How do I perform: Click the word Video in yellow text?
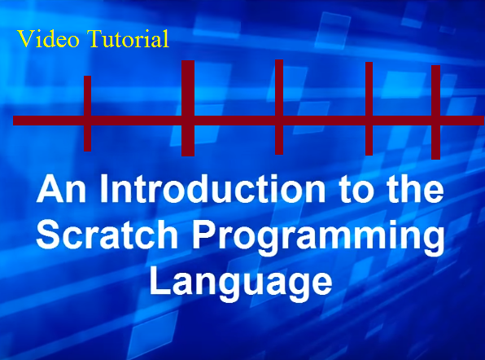(x=48, y=39)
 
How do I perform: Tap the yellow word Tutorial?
(x=128, y=39)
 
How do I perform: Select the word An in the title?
(x=61, y=190)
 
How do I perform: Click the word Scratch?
(x=107, y=235)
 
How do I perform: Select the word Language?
(x=241, y=283)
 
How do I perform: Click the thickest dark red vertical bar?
(x=188, y=108)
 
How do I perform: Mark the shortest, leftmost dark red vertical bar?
(x=88, y=113)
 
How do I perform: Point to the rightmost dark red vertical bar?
(x=436, y=112)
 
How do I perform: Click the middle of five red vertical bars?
(x=279, y=107)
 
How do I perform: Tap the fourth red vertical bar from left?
(x=369, y=108)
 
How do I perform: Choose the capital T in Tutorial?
(x=95, y=39)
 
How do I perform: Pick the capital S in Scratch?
(x=48, y=235)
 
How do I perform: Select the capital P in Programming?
(x=203, y=235)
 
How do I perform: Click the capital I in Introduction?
(x=103, y=189)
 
